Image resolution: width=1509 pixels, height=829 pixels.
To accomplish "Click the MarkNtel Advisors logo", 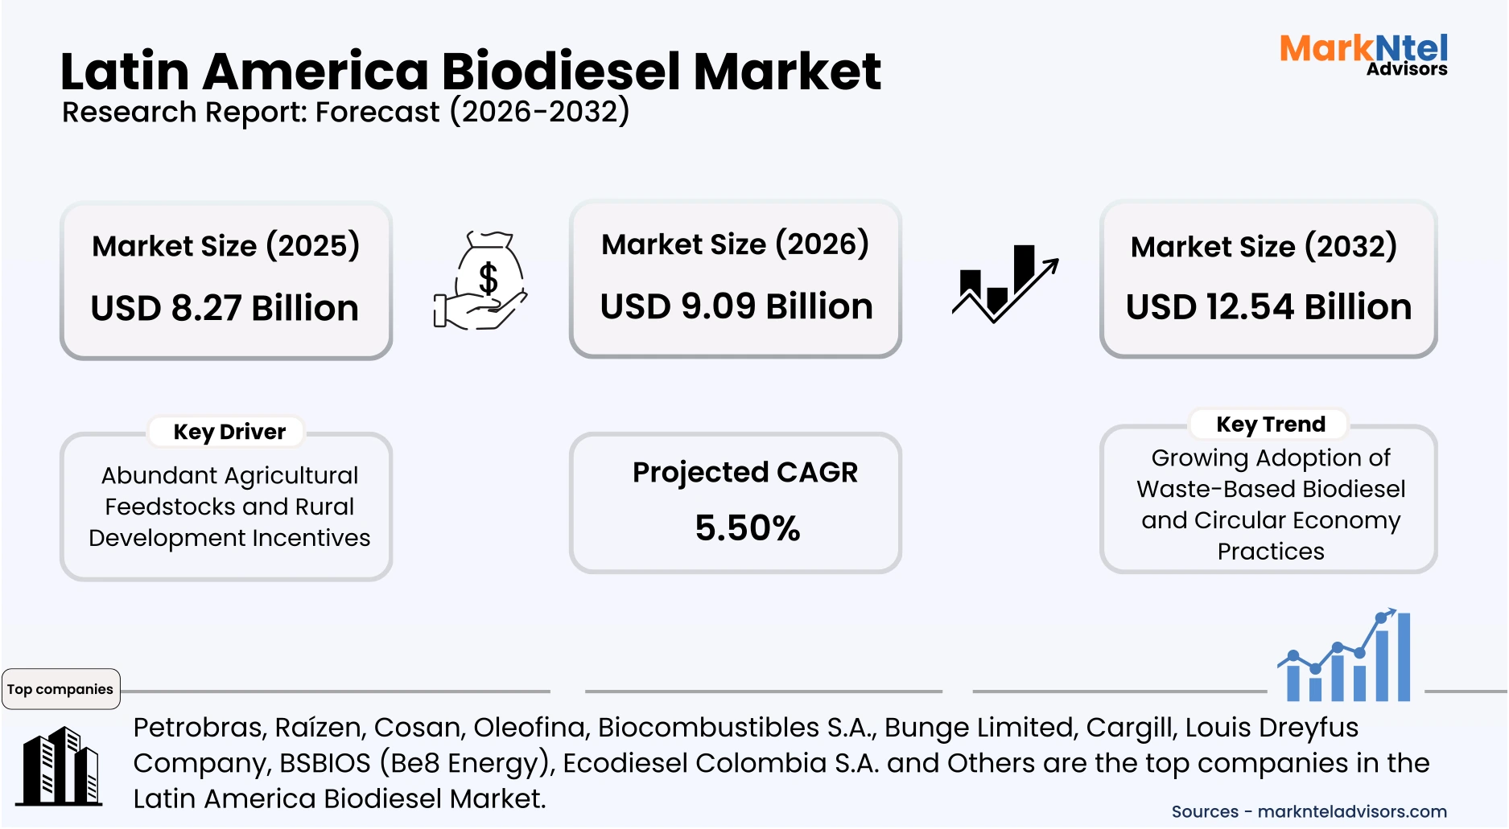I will (x=1363, y=54).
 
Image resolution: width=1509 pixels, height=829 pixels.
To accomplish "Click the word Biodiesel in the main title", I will (x=561, y=72).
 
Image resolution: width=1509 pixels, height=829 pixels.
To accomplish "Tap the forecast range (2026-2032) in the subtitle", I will (x=539, y=112).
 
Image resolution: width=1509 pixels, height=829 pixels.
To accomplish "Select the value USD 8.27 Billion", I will (x=225, y=308).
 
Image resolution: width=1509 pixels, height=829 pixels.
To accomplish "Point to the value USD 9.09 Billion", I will (x=736, y=306).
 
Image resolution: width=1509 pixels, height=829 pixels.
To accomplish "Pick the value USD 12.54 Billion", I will (x=1268, y=307).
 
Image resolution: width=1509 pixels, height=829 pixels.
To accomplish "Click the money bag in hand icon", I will (x=481, y=281).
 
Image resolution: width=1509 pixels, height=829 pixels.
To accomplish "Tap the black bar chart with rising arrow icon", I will (x=1004, y=283).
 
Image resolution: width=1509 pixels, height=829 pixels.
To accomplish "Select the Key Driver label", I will (x=229, y=432).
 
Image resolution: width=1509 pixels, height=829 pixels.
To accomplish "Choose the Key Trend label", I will (x=1270, y=424).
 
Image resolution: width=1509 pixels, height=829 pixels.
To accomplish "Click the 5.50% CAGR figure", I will (x=747, y=528).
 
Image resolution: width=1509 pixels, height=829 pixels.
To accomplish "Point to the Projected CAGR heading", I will (x=744, y=472).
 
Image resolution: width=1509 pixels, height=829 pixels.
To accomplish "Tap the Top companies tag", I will (x=60, y=689).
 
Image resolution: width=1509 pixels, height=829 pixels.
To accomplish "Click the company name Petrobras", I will (x=199, y=728).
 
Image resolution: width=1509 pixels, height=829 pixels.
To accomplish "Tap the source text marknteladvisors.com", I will (x=1351, y=811).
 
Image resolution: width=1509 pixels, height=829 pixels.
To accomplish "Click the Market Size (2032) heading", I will (x=1264, y=246).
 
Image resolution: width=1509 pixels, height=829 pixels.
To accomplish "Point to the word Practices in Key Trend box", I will (x=1270, y=552).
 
